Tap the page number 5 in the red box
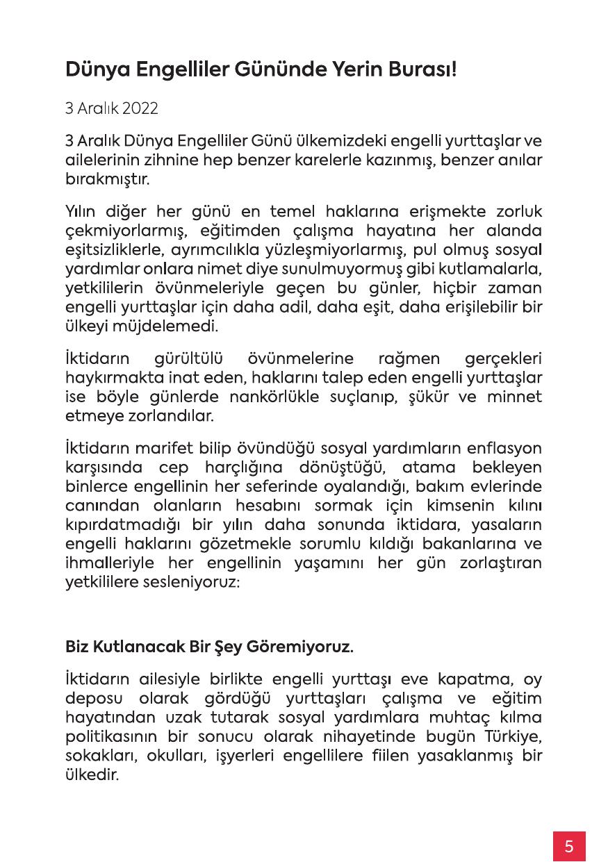tap(569, 847)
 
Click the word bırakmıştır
tap(107, 178)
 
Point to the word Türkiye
tap(511, 736)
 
